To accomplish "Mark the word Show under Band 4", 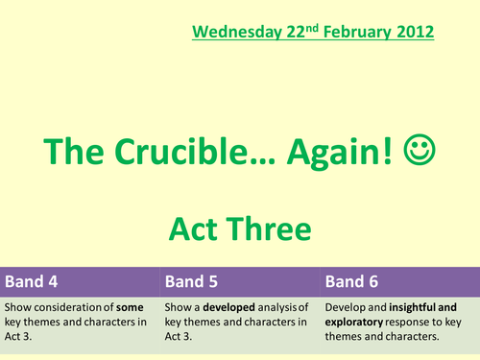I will click(x=17, y=306).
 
